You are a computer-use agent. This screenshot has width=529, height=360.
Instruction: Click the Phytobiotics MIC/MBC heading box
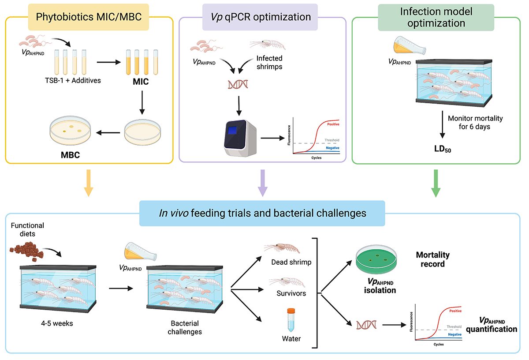(89, 17)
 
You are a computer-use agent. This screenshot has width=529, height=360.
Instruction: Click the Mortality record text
(432, 260)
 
